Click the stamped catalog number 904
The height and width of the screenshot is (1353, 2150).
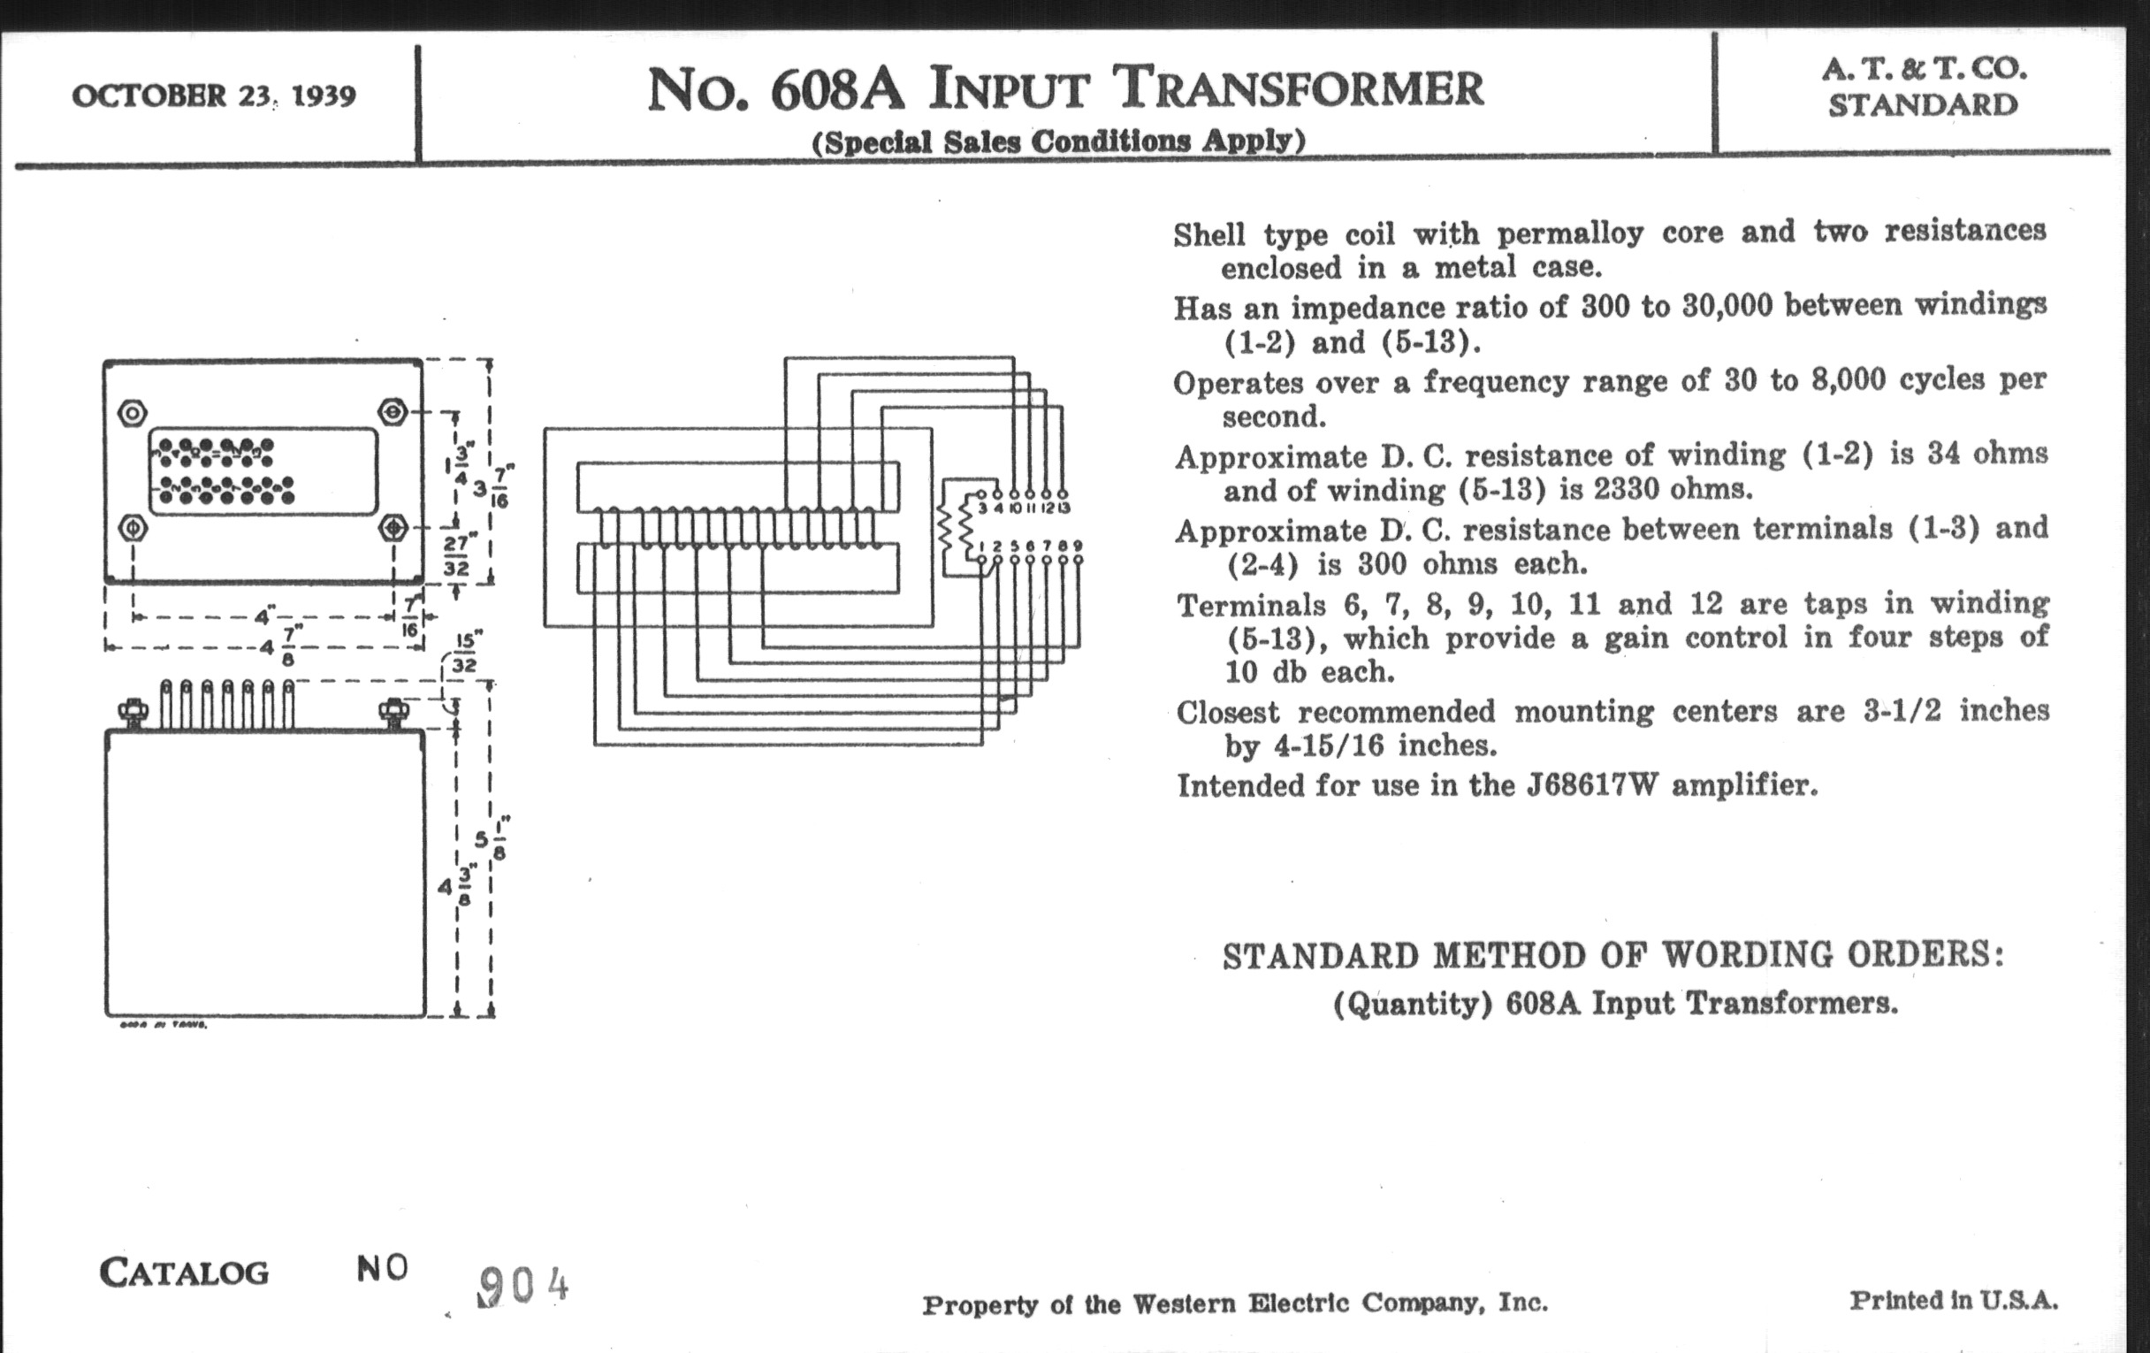click(x=522, y=1287)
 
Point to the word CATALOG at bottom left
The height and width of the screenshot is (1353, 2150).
click(x=184, y=1273)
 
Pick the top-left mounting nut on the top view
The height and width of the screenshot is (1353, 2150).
click(x=132, y=414)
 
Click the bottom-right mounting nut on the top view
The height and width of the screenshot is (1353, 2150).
click(x=393, y=528)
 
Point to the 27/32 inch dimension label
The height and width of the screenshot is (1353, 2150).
click(x=456, y=555)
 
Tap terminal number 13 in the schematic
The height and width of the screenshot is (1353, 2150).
click(x=1063, y=508)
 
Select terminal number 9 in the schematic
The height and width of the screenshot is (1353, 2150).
click(x=1078, y=546)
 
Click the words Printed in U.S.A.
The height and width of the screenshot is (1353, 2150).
click(x=1954, y=1301)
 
